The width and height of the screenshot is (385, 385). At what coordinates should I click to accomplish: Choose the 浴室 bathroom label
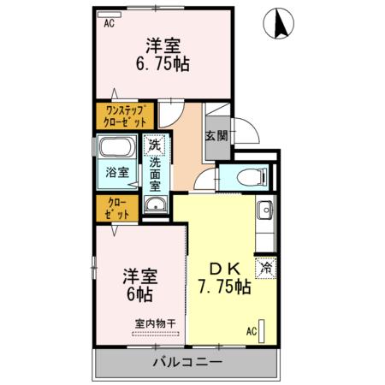coord(117,173)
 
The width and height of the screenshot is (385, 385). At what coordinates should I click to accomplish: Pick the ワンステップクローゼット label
coord(125,115)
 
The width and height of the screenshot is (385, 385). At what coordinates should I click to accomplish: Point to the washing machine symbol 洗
coord(154,145)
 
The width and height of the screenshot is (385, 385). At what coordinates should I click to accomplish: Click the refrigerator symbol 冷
coord(264,268)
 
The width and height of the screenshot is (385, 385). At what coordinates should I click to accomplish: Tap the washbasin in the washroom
coord(155,204)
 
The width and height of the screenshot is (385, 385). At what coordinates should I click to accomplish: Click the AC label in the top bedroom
coord(110,24)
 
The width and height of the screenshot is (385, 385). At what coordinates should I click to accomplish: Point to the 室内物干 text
coord(155,323)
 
